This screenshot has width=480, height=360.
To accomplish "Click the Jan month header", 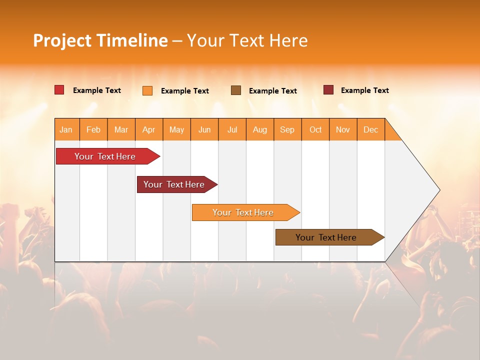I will coord(66,129).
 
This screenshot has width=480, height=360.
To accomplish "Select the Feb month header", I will coord(93,129).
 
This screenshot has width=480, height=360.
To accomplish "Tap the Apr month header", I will coord(148,129).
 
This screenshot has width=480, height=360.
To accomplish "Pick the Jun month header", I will coord(204,129).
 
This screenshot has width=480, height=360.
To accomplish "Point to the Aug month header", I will coord(259,129).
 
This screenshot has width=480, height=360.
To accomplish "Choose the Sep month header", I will coord(287,129).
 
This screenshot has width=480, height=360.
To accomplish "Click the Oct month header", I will coord(315,129).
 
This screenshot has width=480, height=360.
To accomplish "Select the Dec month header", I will coord(370,129).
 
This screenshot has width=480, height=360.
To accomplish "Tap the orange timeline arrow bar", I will coord(243,212).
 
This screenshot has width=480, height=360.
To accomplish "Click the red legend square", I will coord(59,90).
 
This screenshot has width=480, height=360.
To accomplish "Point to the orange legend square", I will coord(147,90).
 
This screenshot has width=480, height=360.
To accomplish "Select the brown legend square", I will coord(236,90).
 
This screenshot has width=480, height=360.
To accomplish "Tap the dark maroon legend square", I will coord(328,90).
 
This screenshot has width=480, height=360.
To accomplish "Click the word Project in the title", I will coord(62,40).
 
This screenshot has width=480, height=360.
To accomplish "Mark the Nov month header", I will coord(343,129).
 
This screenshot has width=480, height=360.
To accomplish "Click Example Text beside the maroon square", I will coord(364,90).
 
